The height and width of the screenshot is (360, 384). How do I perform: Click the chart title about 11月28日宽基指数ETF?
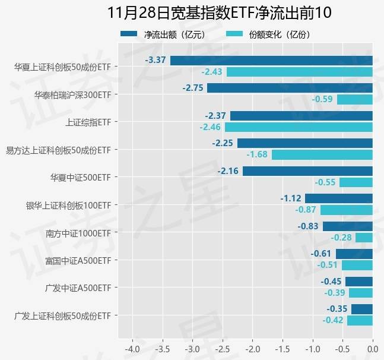219,12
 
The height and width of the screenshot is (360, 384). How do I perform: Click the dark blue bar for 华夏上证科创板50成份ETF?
271,60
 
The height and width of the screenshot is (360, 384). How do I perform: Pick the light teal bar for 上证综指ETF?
299,127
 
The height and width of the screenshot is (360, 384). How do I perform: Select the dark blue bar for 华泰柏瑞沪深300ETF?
290,88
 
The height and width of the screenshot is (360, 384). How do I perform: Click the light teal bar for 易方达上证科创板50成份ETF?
322,154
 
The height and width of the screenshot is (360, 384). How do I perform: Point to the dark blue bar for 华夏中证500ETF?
307,171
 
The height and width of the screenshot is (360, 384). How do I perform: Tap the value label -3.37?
155,60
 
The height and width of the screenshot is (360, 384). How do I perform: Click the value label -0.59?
323,99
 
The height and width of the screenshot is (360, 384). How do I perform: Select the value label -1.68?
258,154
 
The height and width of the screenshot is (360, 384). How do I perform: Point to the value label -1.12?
291,198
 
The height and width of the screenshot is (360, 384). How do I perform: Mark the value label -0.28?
341,238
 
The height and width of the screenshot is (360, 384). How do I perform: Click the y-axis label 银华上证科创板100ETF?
68,206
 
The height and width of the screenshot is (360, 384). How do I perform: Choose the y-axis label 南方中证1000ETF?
78,233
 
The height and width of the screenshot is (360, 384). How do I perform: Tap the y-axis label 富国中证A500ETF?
78,260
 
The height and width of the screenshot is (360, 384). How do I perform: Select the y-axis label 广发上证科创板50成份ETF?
62,315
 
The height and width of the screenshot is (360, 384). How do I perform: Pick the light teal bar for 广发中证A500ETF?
361,293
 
